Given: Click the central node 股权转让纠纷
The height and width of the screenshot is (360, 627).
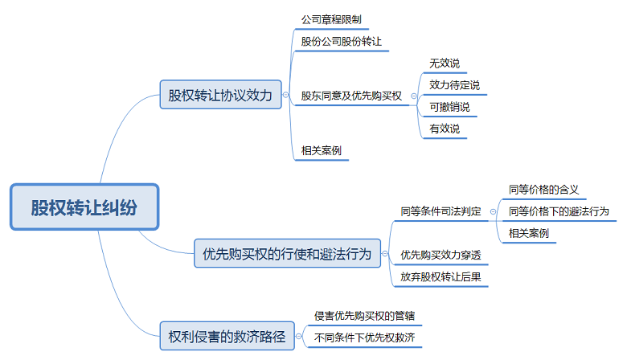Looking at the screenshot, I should click(x=84, y=207).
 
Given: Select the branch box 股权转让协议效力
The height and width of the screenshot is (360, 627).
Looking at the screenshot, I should click(x=220, y=94).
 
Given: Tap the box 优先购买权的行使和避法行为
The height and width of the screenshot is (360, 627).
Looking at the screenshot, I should click(x=287, y=255).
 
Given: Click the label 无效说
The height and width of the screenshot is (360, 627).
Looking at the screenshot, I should click(x=445, y=63).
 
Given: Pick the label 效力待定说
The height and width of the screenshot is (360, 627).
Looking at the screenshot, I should click(x=455, y=84).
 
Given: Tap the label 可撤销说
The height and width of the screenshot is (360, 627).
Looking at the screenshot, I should click(x=449, y=106).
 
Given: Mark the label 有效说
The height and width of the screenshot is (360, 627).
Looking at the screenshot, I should click(x=445, y=128).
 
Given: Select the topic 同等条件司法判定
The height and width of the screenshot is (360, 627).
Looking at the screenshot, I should click(x=441, y=211).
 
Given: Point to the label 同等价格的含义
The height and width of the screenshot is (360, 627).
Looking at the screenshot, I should click(x=543, y=190).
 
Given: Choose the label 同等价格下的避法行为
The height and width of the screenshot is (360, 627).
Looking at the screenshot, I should click(x=559, y=211).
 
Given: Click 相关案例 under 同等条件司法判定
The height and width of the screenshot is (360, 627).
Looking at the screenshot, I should click(x=528, y=233).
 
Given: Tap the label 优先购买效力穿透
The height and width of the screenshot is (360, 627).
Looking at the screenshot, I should click(x=441, y=255).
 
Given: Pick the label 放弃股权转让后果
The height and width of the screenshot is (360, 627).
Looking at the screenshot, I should click(x=441, y=276).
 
